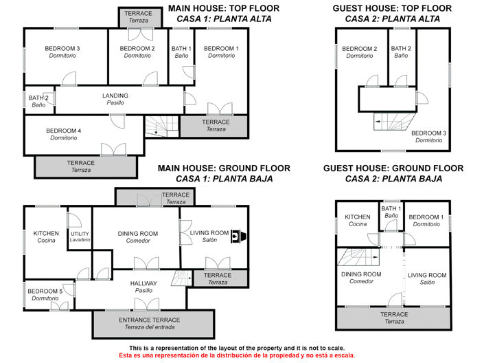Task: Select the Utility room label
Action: [x=80, y=236]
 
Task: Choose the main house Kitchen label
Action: [x=46, y=237]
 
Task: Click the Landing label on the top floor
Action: [x=115, y=99]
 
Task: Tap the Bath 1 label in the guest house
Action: [x=391, y=212]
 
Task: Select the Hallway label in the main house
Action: [x=143, y=287]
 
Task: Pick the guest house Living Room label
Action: [x=427, y=278]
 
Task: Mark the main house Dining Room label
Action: [x=137, y=237]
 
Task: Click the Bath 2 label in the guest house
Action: [x=401, y=52]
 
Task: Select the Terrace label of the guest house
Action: [x=394, y=318]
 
